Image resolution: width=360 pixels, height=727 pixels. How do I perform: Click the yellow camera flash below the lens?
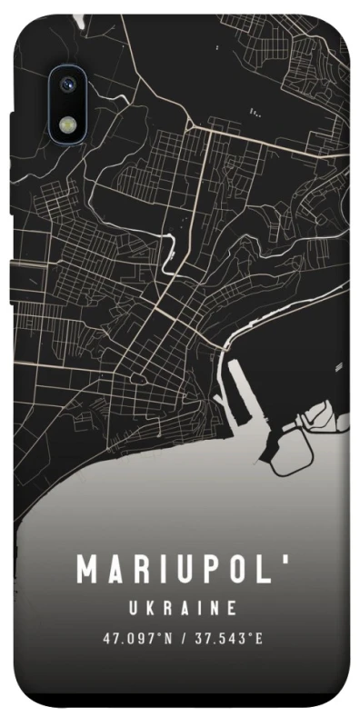pyautogui.click(x=67, y=122)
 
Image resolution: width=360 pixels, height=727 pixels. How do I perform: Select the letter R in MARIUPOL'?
pyautogui.click(x=139, y=570)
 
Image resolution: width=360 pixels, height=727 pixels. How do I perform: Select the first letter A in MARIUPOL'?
pyautogui.click(x=115, y=570)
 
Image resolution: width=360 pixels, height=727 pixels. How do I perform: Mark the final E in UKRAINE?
pyautogui.click(x=232, y=607)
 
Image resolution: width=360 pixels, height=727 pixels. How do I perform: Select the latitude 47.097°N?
pyautogui.click(x=137, y=638)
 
